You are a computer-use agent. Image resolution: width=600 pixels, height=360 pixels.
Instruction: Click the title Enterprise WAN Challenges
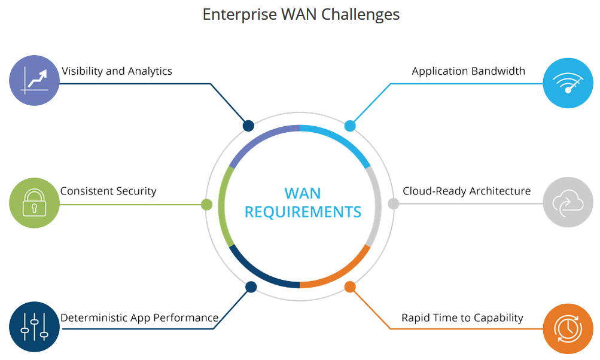(x=301, y=14)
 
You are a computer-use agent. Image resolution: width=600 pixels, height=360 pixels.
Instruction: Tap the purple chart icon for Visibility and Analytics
(x=34, y=81)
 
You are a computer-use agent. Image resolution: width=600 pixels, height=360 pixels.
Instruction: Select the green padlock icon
(x=34, y=203)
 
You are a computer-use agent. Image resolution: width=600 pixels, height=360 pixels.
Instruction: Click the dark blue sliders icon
(x=34, y=327)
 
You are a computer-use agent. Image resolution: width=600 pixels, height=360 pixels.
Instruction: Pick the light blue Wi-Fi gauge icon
(x=568, y=83)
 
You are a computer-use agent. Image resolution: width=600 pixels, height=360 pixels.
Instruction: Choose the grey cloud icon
(x=568, y=202)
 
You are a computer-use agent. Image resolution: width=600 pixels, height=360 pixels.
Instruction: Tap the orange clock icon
(x=568, y=329)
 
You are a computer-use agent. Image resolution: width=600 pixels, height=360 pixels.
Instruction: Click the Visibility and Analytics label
(x=117, y=71)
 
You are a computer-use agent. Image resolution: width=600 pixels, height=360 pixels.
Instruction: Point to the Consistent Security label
(x=108, y=191)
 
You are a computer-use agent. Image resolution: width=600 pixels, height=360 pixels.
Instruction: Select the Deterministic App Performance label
(x=139, y=318)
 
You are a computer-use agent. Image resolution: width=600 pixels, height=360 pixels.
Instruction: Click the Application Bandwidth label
(x=468, y=71)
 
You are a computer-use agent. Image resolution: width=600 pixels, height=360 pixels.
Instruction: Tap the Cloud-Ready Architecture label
(x=467, y=191)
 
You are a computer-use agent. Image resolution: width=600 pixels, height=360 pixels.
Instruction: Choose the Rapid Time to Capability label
(x=462, y=318)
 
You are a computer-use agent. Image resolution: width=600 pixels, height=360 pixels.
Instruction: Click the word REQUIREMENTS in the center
(x=303, y=212)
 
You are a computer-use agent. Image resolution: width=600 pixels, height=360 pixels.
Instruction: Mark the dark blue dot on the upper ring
(x=248, y=126)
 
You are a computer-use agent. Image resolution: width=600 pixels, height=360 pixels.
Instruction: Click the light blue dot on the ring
(x=350, y=126)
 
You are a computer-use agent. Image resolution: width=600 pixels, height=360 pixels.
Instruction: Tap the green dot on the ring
(x=207, y=205)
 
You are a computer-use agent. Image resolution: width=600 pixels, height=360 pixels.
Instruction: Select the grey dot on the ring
(x=393, y=204)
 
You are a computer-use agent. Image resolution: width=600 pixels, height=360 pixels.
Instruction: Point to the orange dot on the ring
(x=350, y=287)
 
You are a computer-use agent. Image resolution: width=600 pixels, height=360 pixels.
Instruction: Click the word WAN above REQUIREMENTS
(x=303, y=193)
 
